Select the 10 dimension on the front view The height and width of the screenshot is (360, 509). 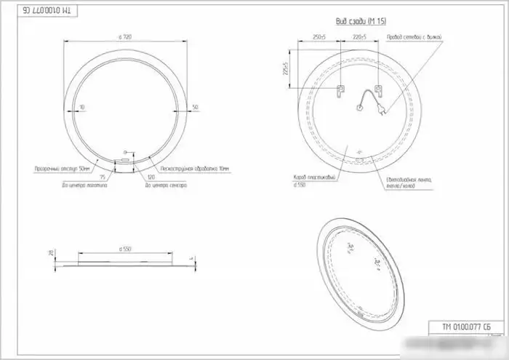(x=82, y=108)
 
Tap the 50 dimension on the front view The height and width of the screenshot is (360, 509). (x=195, y=108)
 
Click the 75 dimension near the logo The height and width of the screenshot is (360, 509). (x=103, y=177)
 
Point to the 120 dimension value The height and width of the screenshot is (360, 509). (x=151, y=177)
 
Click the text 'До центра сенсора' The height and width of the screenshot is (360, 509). (x=167, y=186)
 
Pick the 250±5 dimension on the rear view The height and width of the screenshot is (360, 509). (x=319, y=36)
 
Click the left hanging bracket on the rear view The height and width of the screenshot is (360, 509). (x=339, y=91)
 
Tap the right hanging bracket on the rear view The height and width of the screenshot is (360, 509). (x=378, y=91)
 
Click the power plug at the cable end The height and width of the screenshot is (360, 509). (x=382, y=111)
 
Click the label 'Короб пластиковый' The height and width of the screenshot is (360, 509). (x=314, y=177)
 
